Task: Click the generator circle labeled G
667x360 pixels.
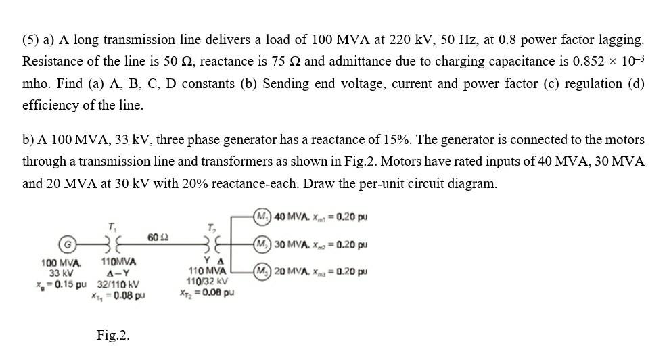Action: [67, 245]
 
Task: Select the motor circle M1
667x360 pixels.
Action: [262, 216]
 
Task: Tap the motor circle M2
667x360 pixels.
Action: [262, 244]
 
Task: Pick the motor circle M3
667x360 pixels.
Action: [262, 271]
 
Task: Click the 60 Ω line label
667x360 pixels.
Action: [158, 237]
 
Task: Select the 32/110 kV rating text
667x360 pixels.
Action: [118, 284]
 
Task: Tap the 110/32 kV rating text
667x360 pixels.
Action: [207, 282]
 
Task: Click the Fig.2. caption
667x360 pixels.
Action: [113, 336]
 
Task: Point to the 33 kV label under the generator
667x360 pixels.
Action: [61, 273]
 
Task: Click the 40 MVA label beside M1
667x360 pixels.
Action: [292, 217]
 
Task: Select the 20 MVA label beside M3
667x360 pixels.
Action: [292, 271]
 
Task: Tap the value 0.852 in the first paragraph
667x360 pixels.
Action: [589, 62]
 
